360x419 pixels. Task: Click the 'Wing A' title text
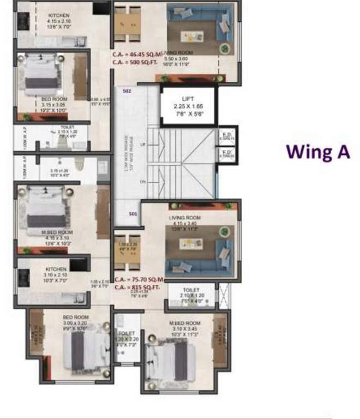318,152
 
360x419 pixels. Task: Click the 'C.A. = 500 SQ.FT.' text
135,63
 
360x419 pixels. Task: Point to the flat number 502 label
127,92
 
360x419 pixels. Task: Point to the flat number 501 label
133,214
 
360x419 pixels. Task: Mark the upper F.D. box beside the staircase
226,136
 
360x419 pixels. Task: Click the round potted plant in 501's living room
224,232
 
